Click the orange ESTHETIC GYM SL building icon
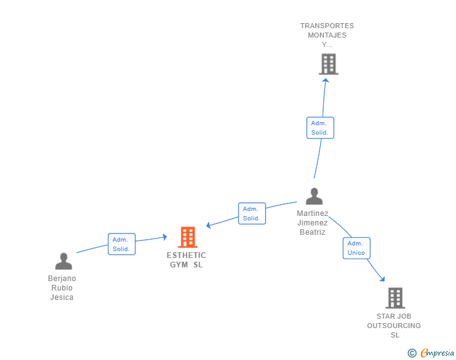(x=187, y=237)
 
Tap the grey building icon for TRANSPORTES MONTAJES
(x=328, y=64)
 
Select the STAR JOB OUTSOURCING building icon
(x=395, y=298)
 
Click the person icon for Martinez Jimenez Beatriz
(x=314, y=197)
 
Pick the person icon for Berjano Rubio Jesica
(x=63, y=261)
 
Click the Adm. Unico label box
(x=356, y=248)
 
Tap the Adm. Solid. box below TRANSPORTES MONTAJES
(x=319, y=128)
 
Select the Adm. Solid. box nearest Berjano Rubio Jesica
(x=121, y=244)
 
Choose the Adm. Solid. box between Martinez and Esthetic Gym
(x=252, y=213)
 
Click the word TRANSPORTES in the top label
(x=327, y=26)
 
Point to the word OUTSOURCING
(x=394, y=326)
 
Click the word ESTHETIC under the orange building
(x=186, y=255)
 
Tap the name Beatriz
(x=313, y=232)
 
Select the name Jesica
(x=62, y=297)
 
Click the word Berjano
(x=62, y=279)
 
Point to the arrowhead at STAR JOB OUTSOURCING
(x=382, y=279)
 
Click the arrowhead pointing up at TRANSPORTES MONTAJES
(x=325, y=80)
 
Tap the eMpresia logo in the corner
(x=437, y=353)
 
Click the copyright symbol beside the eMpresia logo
(x=412, y=353)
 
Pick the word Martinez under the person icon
(x=313, y=213)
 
